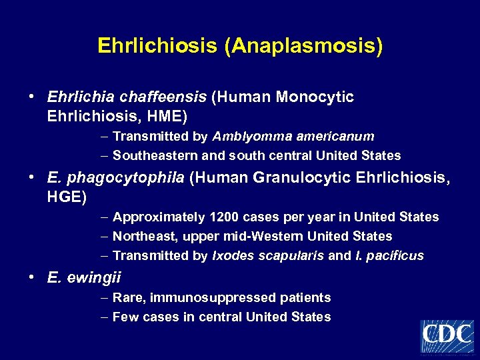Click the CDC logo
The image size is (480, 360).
click(447, 336)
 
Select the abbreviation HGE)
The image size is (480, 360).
click(67, 197)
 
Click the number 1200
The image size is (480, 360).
click(223, 217)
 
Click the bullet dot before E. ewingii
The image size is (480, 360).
click(31, 277)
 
